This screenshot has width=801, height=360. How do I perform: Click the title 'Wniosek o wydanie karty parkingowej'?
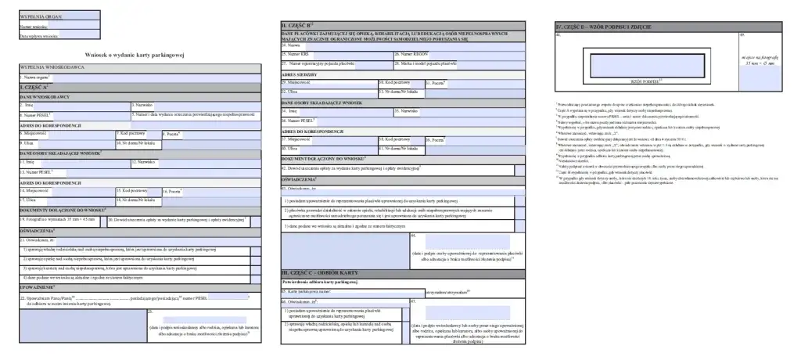coord(133,54)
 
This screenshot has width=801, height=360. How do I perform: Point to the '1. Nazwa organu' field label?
coord(36,78)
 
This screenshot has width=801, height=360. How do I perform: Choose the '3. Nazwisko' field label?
coord(142,104)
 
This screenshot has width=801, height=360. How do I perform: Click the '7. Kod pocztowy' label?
coord(133,134)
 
